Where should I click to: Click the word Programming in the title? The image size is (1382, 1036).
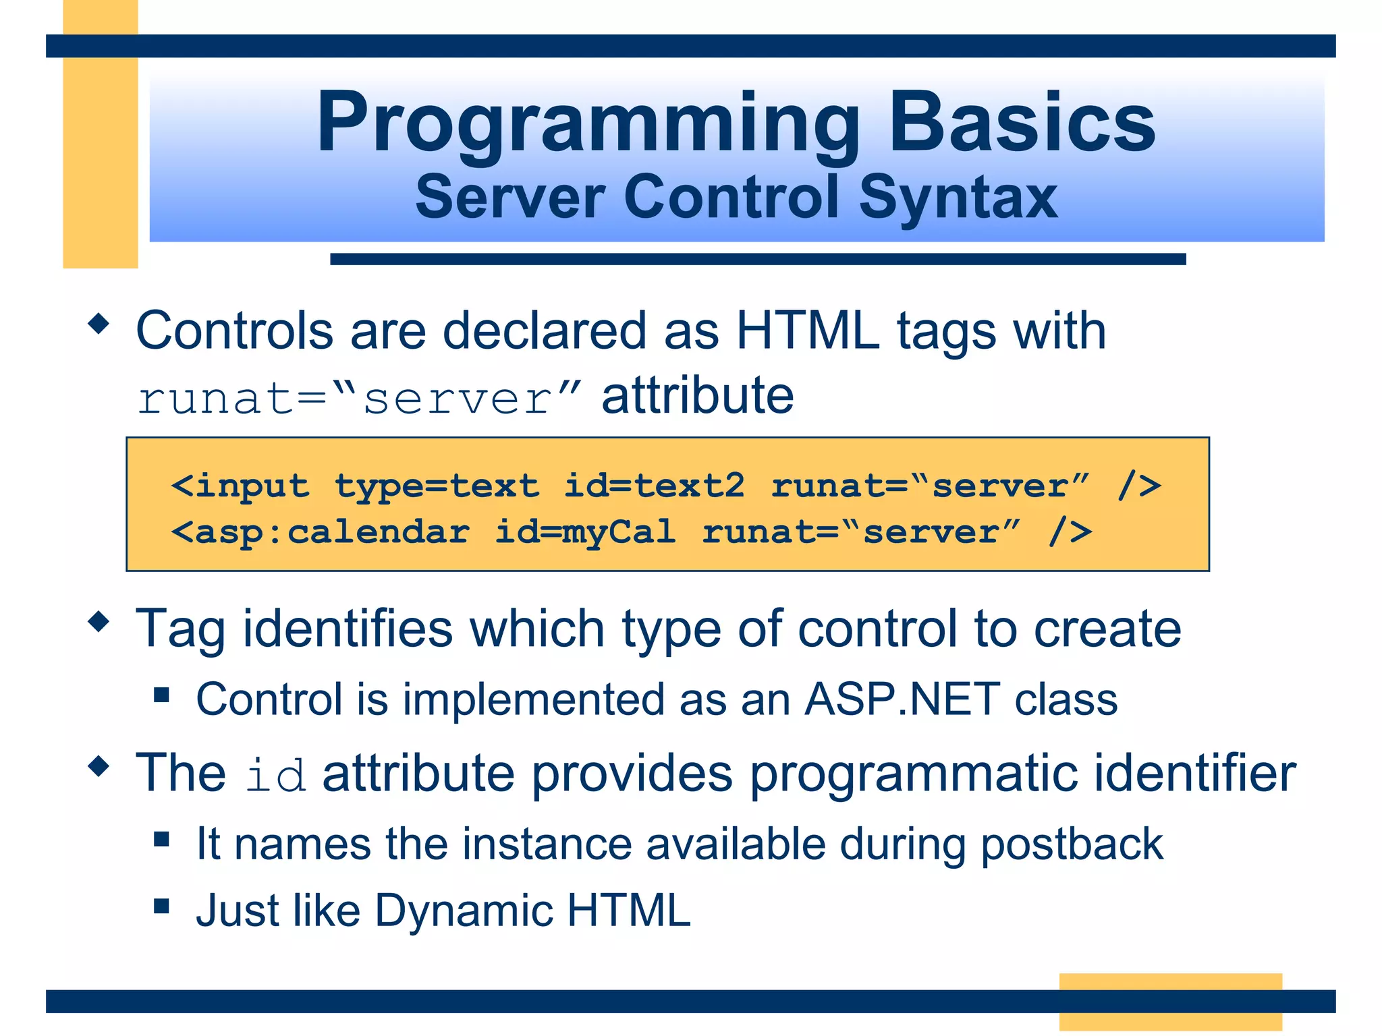point(587,125)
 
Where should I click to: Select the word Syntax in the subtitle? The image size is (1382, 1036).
point(958,197)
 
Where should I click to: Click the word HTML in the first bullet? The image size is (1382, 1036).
point(807,330)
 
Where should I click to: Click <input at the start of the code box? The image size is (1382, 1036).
point(240,486)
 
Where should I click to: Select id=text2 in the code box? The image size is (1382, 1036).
point(654,486)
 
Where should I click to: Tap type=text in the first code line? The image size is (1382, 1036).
point(437,486)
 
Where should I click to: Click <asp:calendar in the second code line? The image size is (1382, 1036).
point(320,532)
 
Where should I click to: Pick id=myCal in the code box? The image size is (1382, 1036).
point(584,532)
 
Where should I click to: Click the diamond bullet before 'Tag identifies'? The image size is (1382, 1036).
point(99,621)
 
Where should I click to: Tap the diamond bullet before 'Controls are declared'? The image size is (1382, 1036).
point(99,324)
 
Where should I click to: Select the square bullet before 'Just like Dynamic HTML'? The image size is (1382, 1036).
point(161,905)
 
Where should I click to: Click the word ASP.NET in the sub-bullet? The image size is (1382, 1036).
point(902,699)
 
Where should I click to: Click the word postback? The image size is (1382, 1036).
point(1072,844)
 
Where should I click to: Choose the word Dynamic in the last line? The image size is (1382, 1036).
point(464,911)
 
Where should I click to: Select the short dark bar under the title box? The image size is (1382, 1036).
point(757,259)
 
